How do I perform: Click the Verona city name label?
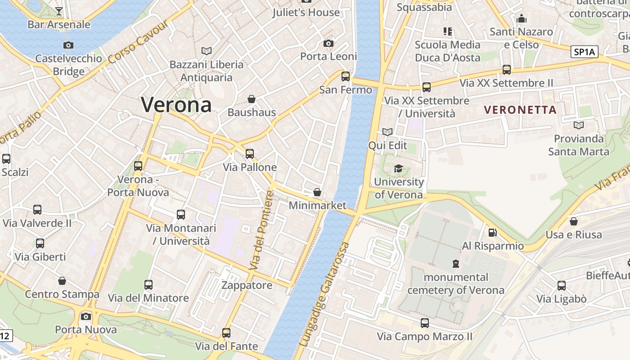pos(176,105)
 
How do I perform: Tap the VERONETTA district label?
pos(520,109)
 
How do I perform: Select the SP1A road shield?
pos(585,52)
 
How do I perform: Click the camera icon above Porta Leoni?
pos(328,44)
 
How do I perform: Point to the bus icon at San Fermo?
pos(346,76)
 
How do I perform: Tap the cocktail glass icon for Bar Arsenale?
pos(59,11)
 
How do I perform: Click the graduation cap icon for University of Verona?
pos(398,169)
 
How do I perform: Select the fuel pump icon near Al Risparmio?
pos(493,233)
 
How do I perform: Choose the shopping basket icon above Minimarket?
pos(317,192)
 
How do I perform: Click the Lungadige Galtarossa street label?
pos(325,295)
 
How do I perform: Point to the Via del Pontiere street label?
pos(262,230)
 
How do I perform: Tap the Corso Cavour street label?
pos(138,41)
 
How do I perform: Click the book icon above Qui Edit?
pos(387,132)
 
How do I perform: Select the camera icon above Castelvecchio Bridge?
pos(68,45)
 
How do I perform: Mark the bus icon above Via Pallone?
pos(250,154)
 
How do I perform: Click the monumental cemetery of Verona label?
pos(456,283)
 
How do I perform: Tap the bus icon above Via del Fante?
pos(226,333)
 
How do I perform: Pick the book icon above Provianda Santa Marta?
pos(579,125)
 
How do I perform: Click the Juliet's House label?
pos(306,12)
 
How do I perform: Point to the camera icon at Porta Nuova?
pos(86,316)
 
